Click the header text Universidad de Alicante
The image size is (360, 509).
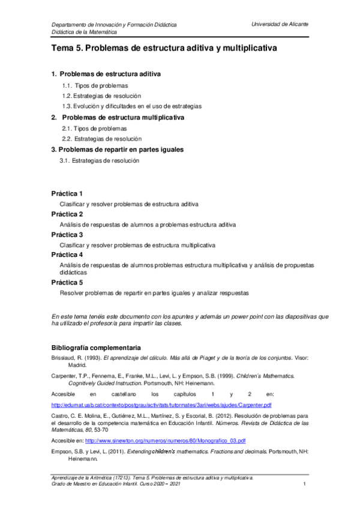[x=281, y=23]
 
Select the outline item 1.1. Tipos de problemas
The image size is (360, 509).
[x=95, y=85]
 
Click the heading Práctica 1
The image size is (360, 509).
[x=67, y=193]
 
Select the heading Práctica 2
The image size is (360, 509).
[x=67, y=214]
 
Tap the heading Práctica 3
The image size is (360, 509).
[x=67, y=235]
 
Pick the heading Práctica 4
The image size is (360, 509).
[x=67, y=255]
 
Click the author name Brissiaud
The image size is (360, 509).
[x=64, y=358]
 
